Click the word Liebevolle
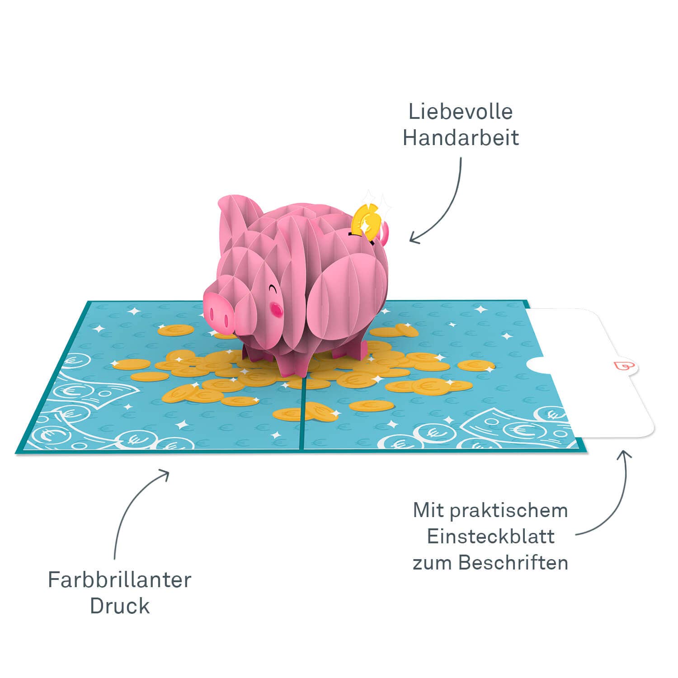(460, 112)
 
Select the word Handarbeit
(460, 138)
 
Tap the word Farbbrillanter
(120, 580)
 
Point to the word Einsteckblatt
(490, 537)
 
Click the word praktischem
(509, 511)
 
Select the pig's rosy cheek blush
(276, 308)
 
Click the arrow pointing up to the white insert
(615, 497)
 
